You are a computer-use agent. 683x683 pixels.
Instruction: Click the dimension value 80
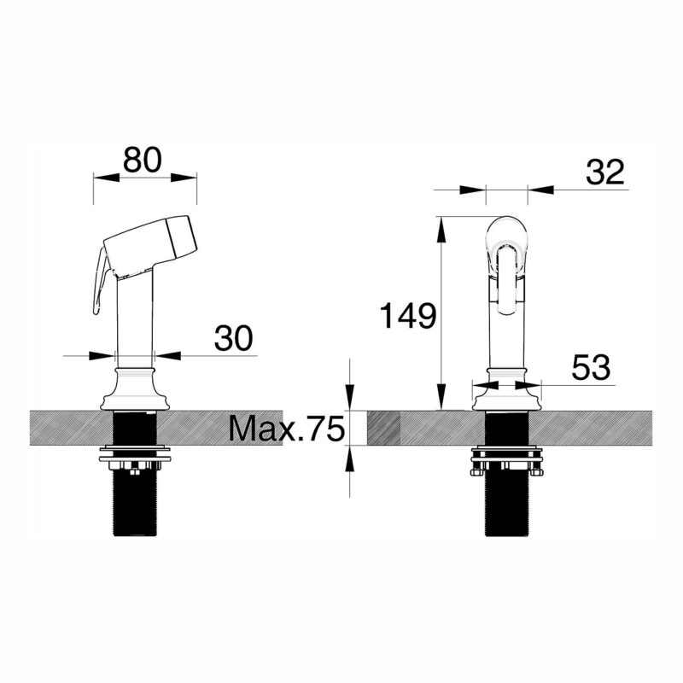[x=142, y=160]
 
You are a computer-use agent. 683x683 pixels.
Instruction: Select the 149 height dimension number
[x=408, y=316]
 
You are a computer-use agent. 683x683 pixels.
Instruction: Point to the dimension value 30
[x=233, y=337]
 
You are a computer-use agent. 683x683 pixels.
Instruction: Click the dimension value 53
[x=591, y=367]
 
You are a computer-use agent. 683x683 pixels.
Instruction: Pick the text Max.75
[x=287, y=429]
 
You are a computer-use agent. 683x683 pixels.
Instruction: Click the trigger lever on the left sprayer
[x=100, y=281]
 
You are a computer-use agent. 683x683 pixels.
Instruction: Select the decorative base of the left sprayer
[x=135, y=388]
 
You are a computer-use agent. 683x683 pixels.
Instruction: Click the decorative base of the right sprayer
[x=506, y=388]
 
